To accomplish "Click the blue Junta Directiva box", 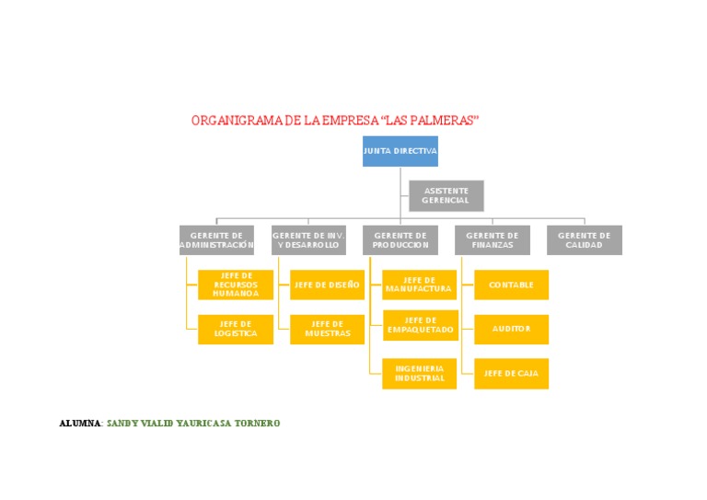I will (400, 151).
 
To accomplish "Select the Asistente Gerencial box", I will (446, 195).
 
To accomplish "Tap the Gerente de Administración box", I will (216, 240).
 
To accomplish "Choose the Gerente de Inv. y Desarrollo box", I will (308, 240).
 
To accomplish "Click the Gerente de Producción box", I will (400, 240).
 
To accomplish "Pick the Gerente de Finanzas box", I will (493, 240).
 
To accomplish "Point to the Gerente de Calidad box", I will (585, 240).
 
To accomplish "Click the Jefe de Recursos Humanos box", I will (236, 285).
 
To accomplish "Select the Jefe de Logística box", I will (236, 329).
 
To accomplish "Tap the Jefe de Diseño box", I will (327, 285).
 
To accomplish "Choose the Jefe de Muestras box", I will (327, 329).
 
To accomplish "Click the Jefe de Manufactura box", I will (419, 285).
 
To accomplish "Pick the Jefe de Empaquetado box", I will (420, 325).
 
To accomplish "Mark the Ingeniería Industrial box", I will (419, 373).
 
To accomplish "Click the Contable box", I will (511, 285).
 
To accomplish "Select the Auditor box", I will (511, 329).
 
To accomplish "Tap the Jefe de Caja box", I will (511, 373).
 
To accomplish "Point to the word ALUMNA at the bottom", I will (81, 424).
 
